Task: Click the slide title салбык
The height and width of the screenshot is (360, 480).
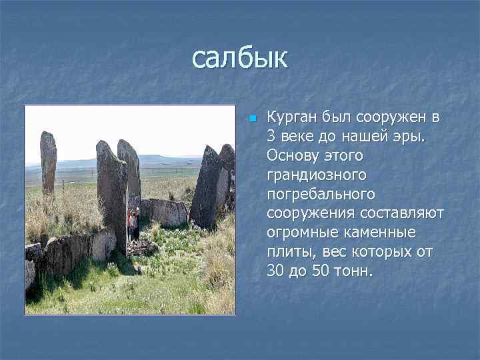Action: (x=239, y=58)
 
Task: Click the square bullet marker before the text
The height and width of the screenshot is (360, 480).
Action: (x=252, y=119)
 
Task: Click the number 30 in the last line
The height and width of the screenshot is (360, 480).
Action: (x=275, y=272)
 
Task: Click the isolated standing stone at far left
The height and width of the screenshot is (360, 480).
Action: (x=48, y=163)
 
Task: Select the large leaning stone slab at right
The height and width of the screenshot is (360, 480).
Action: (x=209, y=187)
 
